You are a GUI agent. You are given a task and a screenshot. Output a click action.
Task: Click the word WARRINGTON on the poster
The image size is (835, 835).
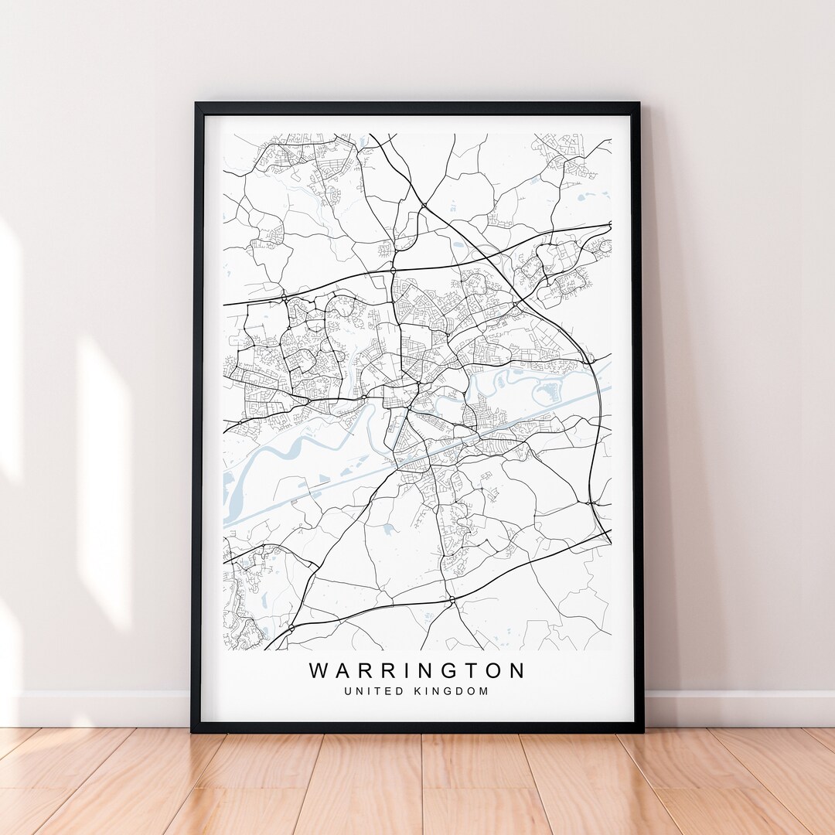coord(417,670)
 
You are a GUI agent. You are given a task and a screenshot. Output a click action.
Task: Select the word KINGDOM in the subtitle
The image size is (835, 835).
coord(454,691)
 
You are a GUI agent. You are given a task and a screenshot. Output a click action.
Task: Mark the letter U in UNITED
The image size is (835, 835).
coord(349,691)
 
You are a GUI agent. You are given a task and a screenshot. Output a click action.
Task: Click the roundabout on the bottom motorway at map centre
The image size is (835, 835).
coord(452,599)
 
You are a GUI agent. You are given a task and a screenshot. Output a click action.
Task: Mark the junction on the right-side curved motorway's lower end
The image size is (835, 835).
coord(592,503)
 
